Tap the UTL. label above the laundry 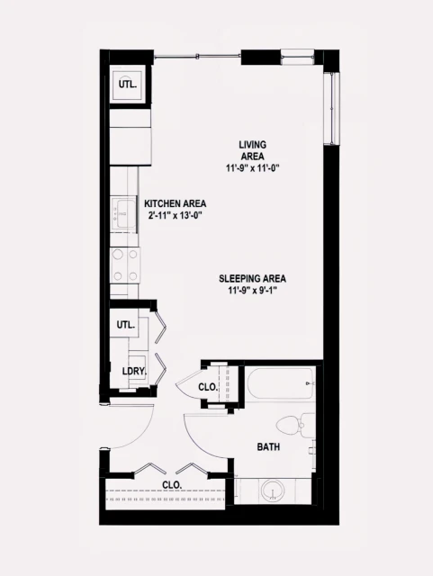pyautogui.click(x=125, y=324)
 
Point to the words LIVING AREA pyautogui.click(x=252, y=150)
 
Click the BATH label pyautogui.click(x=268, y=447)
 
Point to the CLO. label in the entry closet pyautogui.click(x=172, y=484)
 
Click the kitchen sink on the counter pyautogui.click(x=122, y=213)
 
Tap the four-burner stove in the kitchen pyautogui.click(x=124, y=265)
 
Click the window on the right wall pyautogui.click(x=335, y=108)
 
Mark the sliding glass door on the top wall pyautogui.click(x=198, y=57)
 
